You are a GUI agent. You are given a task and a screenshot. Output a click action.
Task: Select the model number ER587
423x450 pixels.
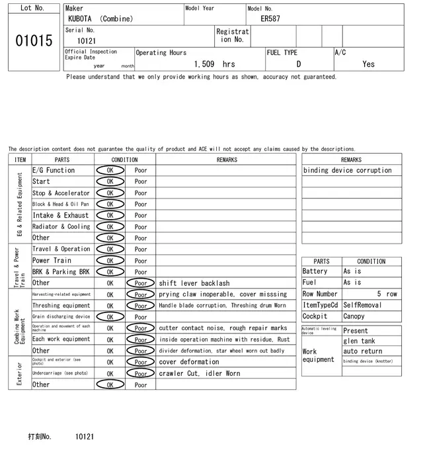270,19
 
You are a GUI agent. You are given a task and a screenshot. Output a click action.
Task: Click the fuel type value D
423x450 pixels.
299,64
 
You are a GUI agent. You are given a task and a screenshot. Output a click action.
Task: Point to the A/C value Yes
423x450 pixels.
368,64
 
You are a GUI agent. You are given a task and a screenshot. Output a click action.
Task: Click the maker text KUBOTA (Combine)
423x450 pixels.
100,19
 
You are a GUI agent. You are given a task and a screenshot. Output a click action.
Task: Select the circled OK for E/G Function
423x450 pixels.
110,170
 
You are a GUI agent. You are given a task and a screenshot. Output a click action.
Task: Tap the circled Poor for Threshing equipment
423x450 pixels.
141,306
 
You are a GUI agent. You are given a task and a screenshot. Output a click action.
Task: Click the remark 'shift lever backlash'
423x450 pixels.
194,283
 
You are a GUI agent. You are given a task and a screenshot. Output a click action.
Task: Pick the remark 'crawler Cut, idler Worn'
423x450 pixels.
200,373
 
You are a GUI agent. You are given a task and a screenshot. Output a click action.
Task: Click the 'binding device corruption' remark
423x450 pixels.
348,170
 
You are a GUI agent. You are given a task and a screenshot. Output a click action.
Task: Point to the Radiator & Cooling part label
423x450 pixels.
61,226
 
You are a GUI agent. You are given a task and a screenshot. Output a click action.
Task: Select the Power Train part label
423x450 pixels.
52,261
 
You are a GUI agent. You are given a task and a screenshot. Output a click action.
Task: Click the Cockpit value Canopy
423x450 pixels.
354,316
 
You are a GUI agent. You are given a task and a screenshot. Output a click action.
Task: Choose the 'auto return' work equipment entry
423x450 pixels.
363,351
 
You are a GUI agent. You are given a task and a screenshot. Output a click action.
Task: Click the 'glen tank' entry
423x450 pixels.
360,341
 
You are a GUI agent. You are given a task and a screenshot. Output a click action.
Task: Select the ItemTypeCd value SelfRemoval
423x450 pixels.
363,305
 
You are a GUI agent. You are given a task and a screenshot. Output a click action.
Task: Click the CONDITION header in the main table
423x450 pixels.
124,159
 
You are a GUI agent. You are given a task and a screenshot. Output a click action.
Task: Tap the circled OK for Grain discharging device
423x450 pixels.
110,317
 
